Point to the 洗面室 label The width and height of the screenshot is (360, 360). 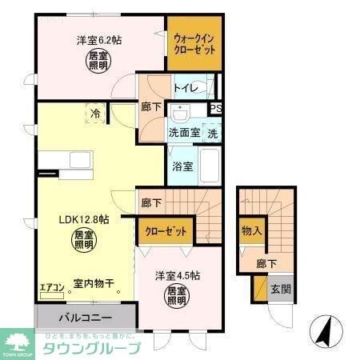pos(182,133)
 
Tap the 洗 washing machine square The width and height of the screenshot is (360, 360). pos(213,133)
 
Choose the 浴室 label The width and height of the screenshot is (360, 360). pos(182,166)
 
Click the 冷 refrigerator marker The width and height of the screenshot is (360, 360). pos(95,114)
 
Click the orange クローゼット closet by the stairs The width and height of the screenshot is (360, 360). pos(166,231)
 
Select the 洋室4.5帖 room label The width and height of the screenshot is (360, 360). pos(178,275)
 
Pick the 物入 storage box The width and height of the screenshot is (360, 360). pos(251,231)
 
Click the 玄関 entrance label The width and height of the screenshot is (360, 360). pos(278,288)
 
